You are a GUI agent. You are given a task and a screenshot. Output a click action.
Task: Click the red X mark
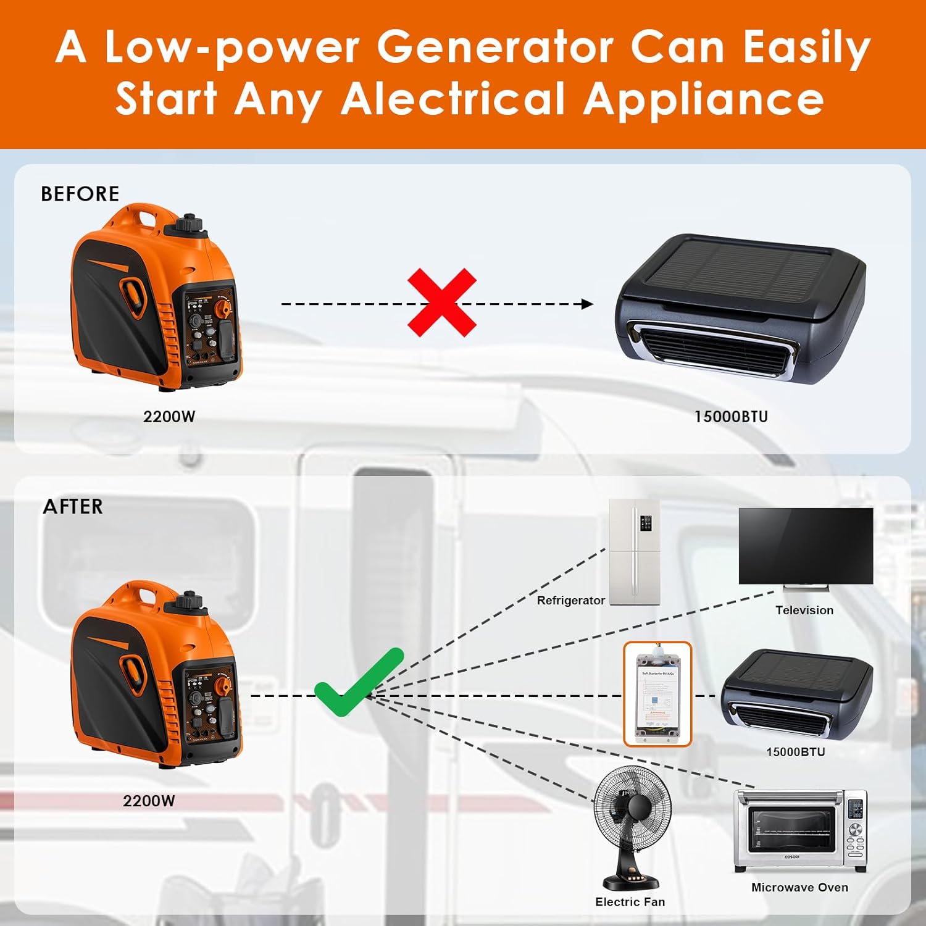(x=442, y=302)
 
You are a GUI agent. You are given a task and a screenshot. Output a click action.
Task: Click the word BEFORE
(x=80, y=194)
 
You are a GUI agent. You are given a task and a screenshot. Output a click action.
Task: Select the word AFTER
(x=73, y=507)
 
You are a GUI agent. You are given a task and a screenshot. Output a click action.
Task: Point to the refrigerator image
(x=635, y=552)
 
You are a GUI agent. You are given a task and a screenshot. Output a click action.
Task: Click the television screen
(x=806, y=546)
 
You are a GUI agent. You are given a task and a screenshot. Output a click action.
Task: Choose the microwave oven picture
(x=800, y=831)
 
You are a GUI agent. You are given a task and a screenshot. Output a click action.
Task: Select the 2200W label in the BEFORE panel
(x=169, y=417)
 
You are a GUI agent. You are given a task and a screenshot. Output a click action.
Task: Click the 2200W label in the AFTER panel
(x=149, y=801)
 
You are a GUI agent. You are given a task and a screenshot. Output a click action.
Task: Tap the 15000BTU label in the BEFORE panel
(x=731, y=417)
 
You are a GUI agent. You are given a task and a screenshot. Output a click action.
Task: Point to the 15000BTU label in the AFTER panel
(x=795, y=752)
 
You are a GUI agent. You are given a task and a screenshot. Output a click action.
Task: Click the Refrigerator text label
(x=570, y=601)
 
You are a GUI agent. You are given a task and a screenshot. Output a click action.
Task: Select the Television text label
(x=804, y=610)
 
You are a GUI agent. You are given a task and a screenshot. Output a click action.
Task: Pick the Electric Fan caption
(x=630, y=902)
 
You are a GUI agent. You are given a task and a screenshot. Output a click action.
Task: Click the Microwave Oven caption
(x=799, y=887)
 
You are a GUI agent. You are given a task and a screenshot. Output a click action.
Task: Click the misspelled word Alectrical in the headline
(x=453, y=99)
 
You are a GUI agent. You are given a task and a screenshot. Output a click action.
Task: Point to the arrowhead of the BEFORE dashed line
(x=587, y=304)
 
